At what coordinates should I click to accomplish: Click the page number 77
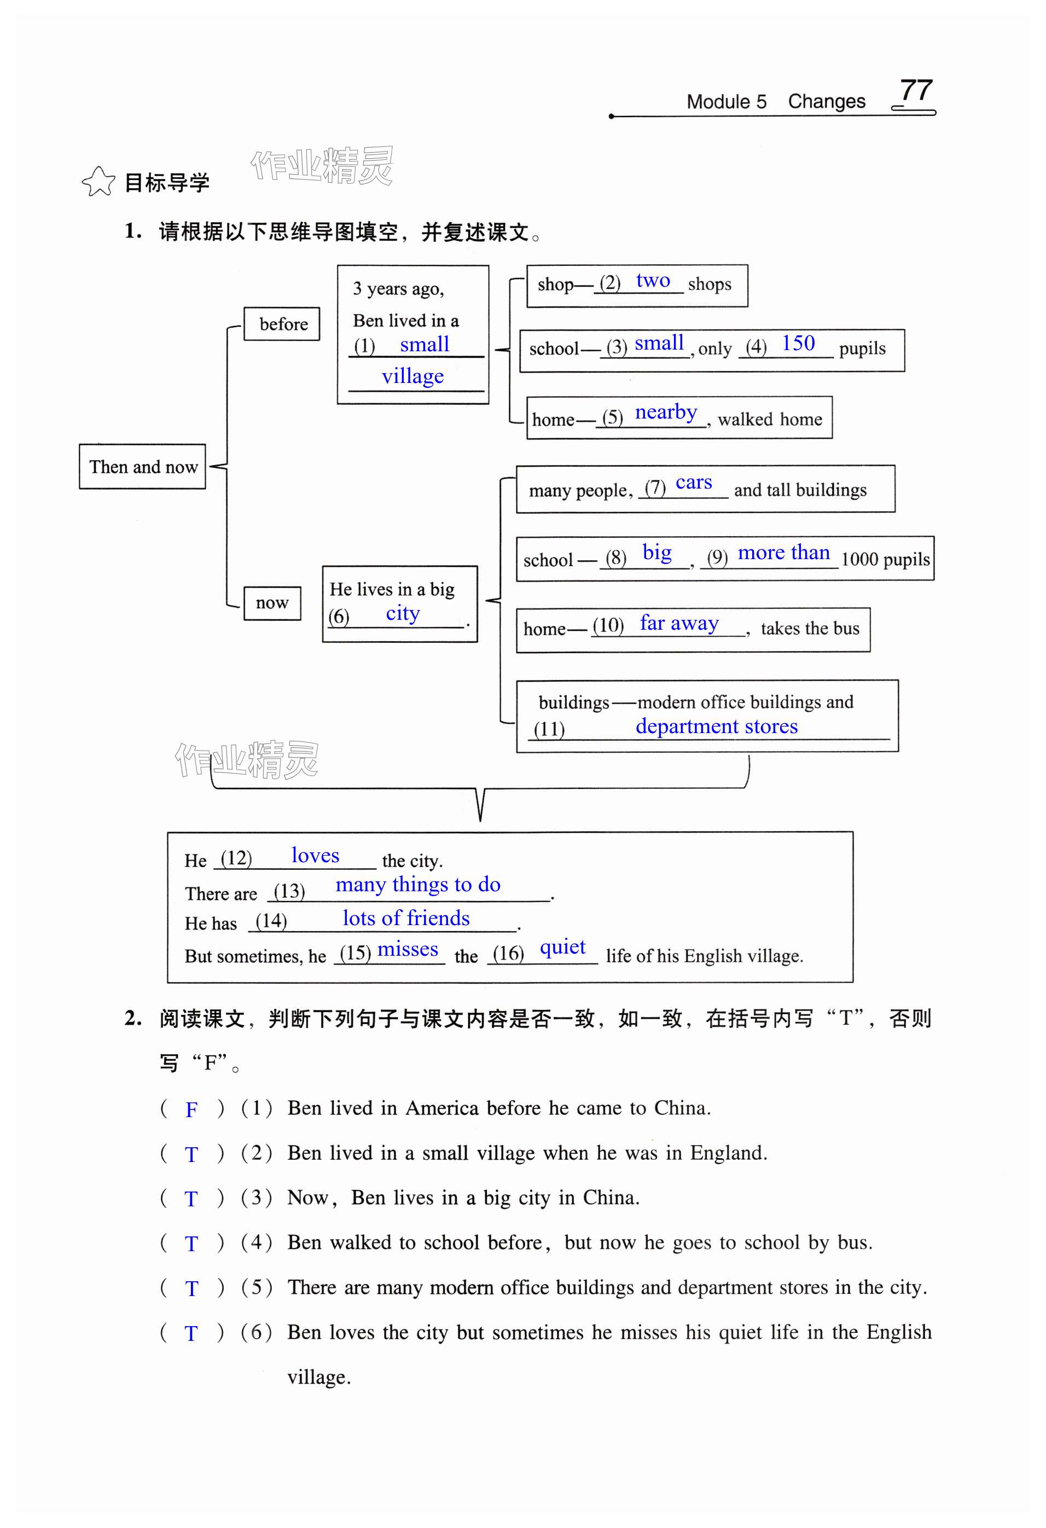click(x=916, y=91)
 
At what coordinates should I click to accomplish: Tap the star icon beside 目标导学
click(x=98, y=182)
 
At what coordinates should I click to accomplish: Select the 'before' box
click(x=282, y=324)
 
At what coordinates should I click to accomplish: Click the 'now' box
click(x=272, y=603)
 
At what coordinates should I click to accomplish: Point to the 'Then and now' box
click(x=143, y=467)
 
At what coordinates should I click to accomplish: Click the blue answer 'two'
click(x=653, y=281)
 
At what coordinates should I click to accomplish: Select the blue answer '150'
click(x=798, y=343)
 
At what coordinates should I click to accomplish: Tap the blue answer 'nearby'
click(x=665, y=412)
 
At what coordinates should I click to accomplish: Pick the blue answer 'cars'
click(x=694, y=483)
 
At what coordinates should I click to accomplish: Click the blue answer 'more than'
click(x=783, y=553)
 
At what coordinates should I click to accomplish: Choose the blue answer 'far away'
click(x=679, y=623)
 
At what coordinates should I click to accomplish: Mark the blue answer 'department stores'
click(x=716, y=727)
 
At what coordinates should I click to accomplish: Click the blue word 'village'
click(x=412, y=376)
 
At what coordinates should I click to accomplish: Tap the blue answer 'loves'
click(x=316, y=856)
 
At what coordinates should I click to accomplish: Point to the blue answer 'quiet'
click(x=562, y=948)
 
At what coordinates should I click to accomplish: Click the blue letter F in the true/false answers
click(x=191, y=1110)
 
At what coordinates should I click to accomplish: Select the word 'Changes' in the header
click(x=827, y=101)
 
